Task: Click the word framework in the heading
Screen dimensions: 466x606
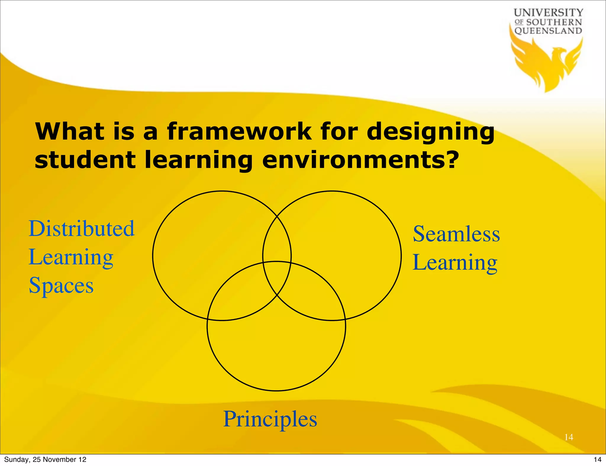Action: tap(239, 132)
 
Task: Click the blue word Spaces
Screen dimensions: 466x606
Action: tap(61, 285)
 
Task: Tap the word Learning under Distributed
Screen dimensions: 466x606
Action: tap(71, 257)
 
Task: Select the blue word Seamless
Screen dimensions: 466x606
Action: tap(456, 234)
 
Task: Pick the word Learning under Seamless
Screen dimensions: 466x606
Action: tap(455, 263)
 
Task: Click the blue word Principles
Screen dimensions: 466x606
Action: tap(270, 419)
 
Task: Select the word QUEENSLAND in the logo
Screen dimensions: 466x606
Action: tap(548, 31)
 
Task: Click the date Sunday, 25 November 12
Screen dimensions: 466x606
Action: tap(45, 459)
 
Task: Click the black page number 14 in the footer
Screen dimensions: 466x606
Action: tap(597, 459)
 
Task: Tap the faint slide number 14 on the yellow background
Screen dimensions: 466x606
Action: tap(569, 437)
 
